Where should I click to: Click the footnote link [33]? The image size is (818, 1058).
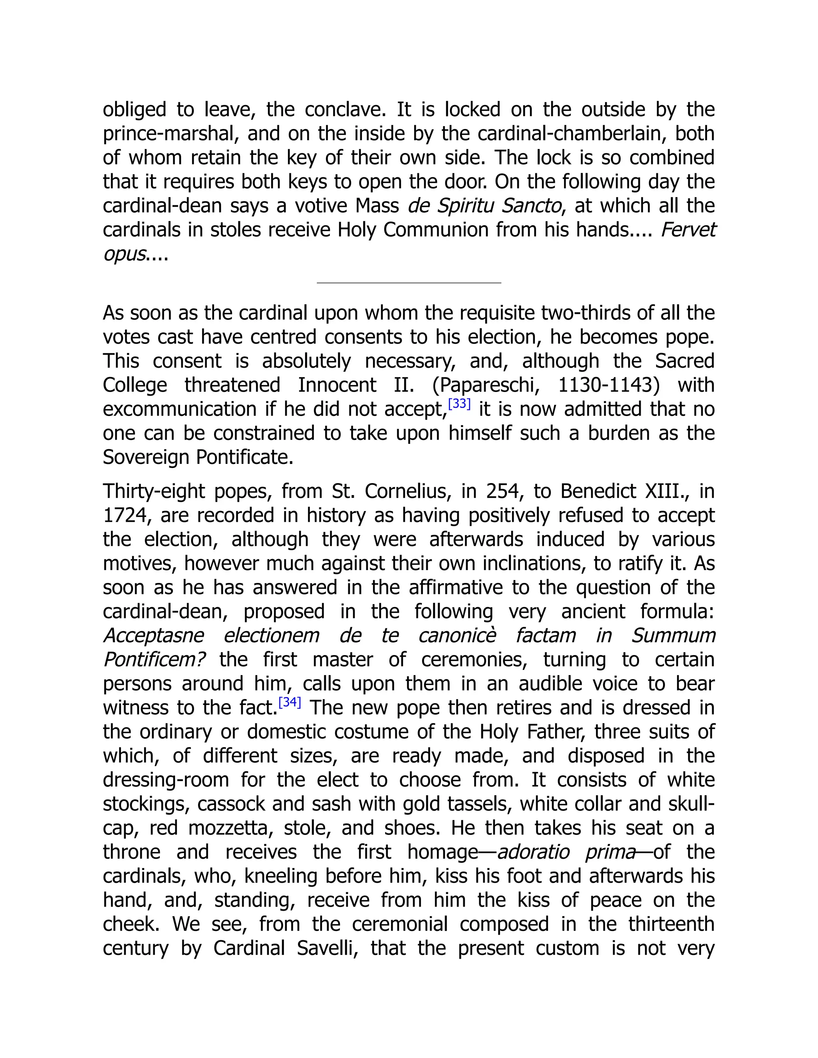click(x=459, y=404)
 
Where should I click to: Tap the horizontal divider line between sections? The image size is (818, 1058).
click(x=409, y=282)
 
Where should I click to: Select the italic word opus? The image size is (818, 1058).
click(x=124, y=254)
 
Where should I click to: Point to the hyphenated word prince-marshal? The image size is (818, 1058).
click(x=171, y=134)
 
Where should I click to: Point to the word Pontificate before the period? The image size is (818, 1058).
click(x=244, y=457)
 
